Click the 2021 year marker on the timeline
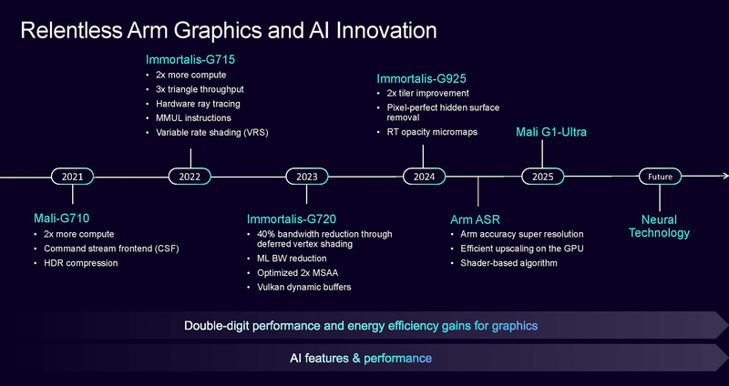coord(72,177)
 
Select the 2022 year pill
coord(190,177)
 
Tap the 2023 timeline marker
coord(307,177)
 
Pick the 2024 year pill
coord(425,177)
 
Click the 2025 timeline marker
coord(543,177)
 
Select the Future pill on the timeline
coord(660,177)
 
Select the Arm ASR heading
coord(475,218)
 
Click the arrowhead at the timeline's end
coord(724,177)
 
